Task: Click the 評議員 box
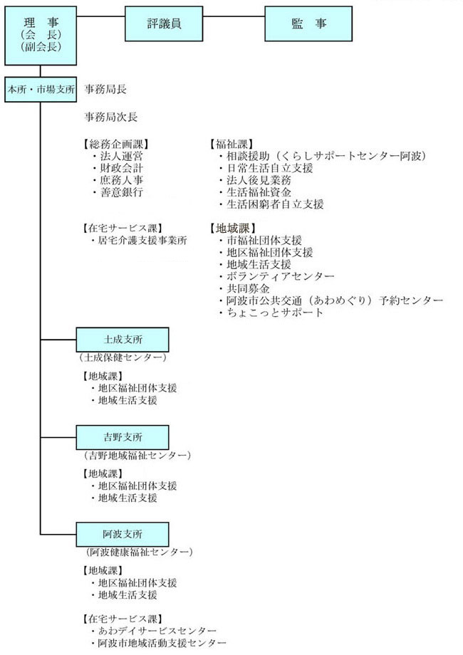(x=164, y=23)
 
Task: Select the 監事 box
(x=308, y=23)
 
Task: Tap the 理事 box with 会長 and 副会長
(x=41, y=36)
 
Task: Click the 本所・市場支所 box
(x=41, y=90)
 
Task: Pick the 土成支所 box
(x=123, y=340)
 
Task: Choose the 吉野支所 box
(x=123, y=437)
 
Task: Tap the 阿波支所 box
(x=123, y=534)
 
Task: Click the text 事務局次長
(x=110, y=117)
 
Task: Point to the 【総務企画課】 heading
(x=115, y=145)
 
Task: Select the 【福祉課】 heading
(x=231, y=145)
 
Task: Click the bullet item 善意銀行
(x=118, y=192)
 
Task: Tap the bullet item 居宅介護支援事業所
(x=139, y=241)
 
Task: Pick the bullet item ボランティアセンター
(x=276, y=276)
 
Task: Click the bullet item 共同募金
(x=244, y=288)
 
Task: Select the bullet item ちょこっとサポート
(x=271, y=313)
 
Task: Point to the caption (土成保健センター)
(x=123, y=357)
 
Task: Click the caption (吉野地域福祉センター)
(x=135, y=455)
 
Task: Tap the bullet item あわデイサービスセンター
(x=154, y=631)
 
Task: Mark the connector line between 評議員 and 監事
(x=234, y=16)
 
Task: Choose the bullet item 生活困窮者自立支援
(x=271, y=204)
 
